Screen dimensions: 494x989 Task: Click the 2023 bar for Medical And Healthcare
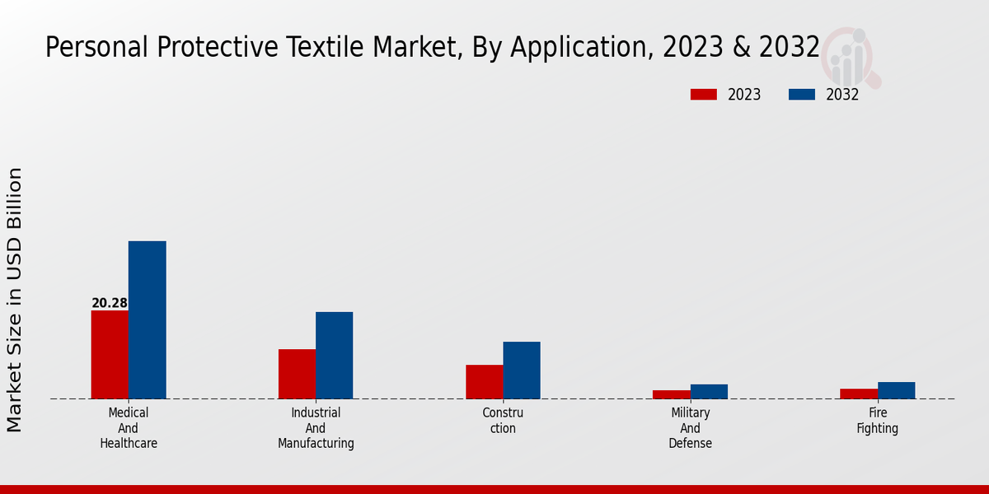click(110, 354)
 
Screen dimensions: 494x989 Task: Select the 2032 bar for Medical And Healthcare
click(147, 319)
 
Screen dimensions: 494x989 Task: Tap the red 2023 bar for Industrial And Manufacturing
click(297, 374)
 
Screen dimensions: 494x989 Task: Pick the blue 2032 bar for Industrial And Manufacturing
click(334, 355)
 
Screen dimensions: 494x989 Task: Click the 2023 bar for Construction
click(484, 381)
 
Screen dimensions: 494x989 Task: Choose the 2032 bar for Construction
click(522, 370)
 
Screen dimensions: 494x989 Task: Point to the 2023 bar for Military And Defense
click(671, 394)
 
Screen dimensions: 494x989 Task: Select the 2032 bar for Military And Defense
click(709, 391)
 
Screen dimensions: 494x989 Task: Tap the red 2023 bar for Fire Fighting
click(859, 394)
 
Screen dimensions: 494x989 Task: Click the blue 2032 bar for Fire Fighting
click(896, 390)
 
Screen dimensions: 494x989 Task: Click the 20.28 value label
click(110, 303)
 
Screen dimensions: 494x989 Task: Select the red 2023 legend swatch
click(703, 95)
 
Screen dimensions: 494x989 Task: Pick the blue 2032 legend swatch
click(802, 95)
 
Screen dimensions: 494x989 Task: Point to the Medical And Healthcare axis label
click(129, 428)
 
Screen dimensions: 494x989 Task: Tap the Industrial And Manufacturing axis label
click(316, 428)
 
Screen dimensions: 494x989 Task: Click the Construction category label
click(503, 421)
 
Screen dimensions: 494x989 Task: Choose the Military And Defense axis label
click(691, 428)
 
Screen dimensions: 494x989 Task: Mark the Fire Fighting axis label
click(878, 421)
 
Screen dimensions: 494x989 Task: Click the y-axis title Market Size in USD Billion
click(15, 300)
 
